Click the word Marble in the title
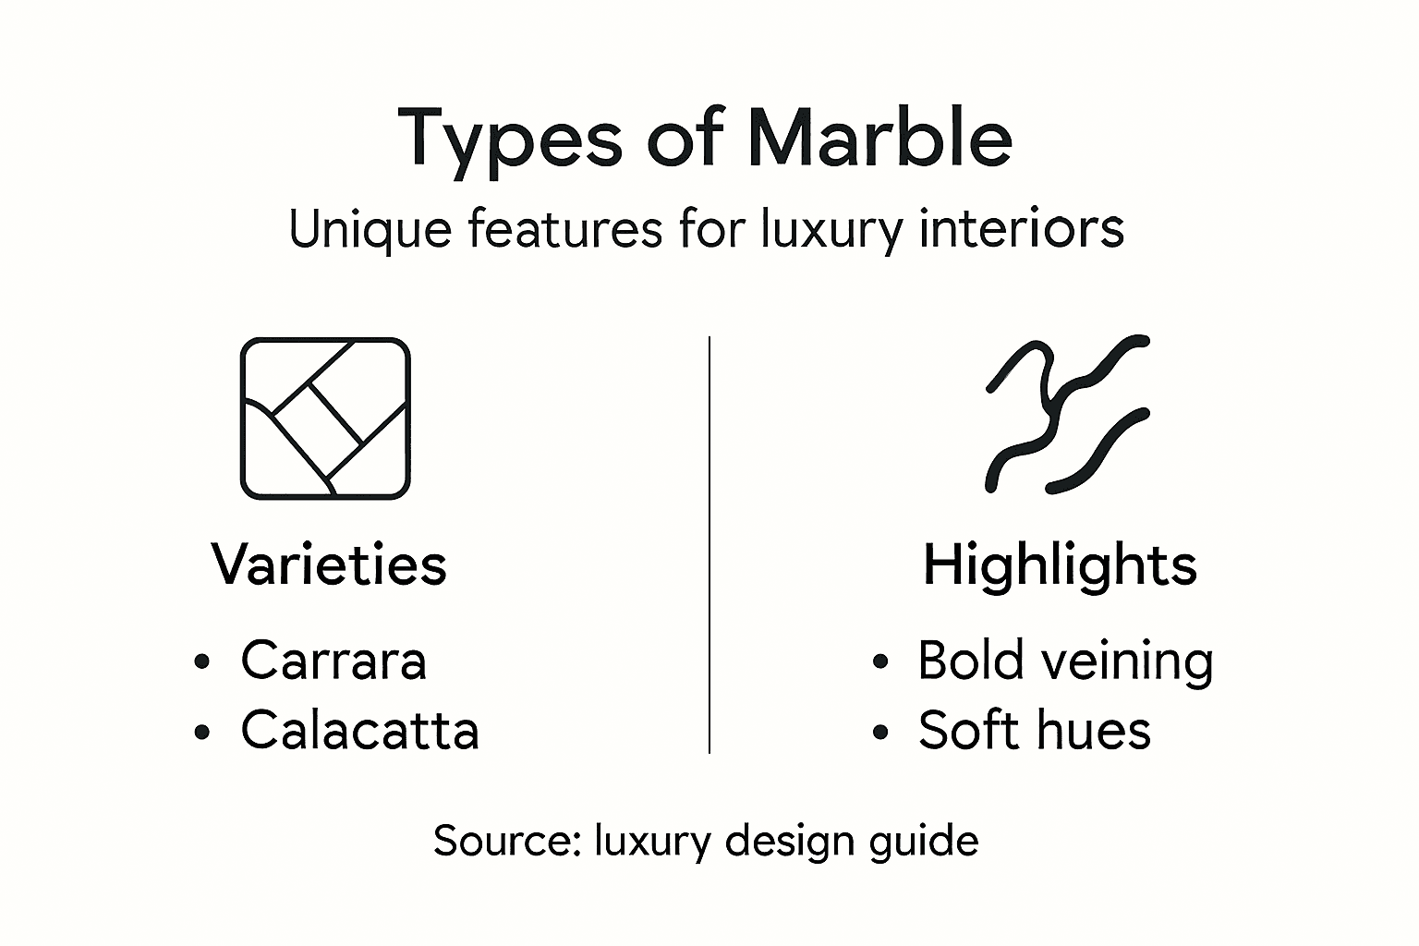(879, 139)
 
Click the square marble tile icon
(325, 418)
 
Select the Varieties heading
(329, 564)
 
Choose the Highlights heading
(1060, 564)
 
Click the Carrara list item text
(334, 661)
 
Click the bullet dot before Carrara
(202, 662)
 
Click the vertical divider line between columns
(709, 545)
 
